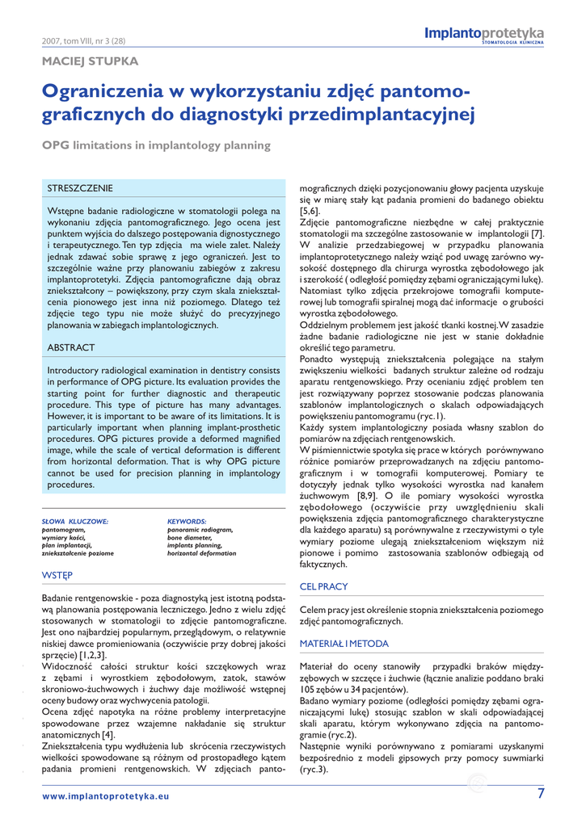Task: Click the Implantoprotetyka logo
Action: [484, 34]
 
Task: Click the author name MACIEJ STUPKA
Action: [90, 61]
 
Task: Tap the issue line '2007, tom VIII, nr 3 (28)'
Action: [83, 41]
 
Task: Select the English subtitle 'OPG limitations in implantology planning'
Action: [145, 146]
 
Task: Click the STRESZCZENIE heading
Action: [80, 188]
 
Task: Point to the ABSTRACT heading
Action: [71, 347]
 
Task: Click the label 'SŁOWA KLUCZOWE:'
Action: [75, 522]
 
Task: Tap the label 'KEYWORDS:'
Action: [187, 522]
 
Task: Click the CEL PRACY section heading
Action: [323, 586]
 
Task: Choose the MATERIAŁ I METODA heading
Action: [344, 644]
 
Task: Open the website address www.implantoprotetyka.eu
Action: [106, 796]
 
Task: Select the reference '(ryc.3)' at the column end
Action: [314, 770]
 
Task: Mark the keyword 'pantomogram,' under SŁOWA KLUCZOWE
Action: [64, 530]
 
